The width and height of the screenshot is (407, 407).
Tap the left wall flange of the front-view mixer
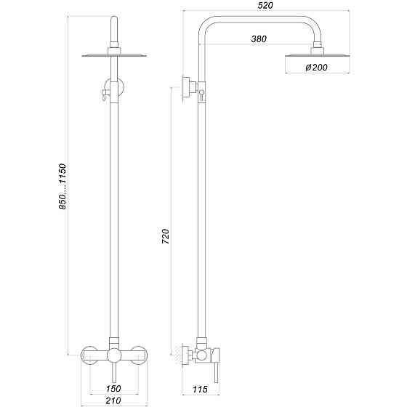[89, 355]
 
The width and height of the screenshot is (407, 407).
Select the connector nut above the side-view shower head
[317, 48]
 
